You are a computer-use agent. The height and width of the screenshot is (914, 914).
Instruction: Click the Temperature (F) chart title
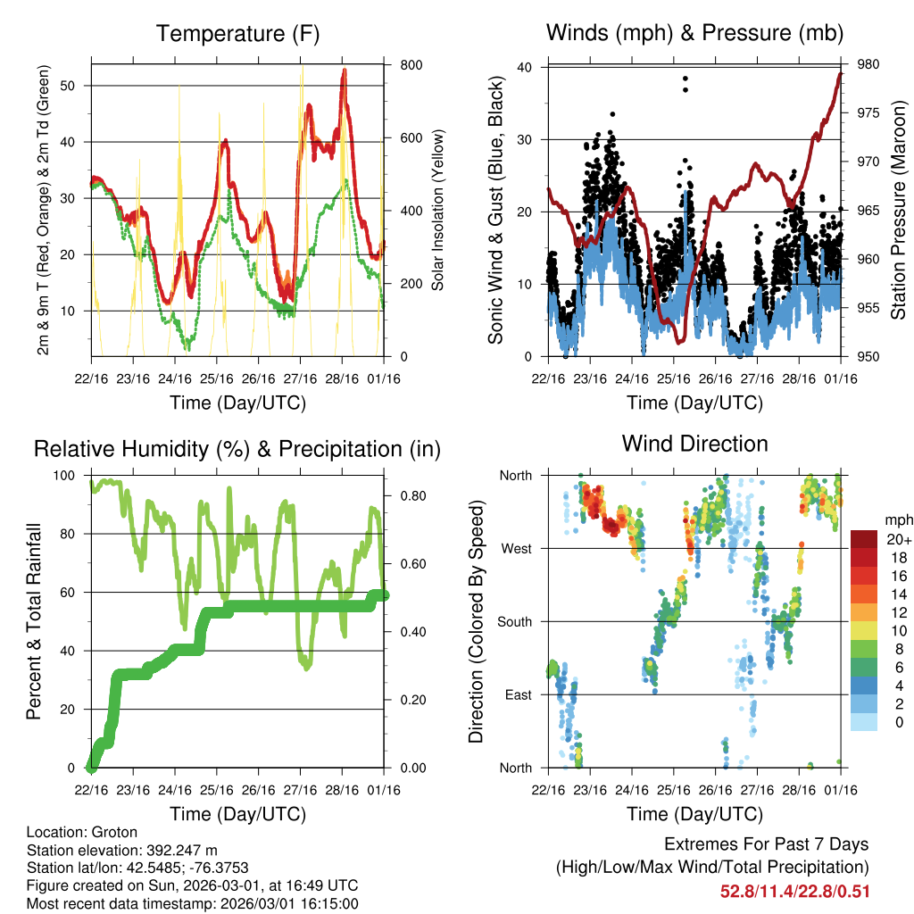(x=237, y=34)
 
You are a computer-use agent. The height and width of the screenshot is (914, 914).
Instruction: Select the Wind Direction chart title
(x=694, y=443)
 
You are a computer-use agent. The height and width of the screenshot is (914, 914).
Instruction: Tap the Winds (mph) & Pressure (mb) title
(x=694, y=34)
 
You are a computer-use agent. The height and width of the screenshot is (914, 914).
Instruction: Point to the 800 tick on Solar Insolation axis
(x=411, y=65)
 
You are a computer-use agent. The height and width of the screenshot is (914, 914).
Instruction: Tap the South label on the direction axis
(x=514, y=621)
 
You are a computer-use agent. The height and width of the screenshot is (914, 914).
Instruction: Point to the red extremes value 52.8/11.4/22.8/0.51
(x=794, y=891)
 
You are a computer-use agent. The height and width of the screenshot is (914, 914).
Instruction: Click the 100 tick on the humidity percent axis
(x=67, y=475)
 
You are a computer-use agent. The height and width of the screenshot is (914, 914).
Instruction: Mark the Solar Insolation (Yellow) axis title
(x=437, y=211)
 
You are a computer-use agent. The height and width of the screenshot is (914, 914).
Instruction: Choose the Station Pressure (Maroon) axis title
(x=898, y=211)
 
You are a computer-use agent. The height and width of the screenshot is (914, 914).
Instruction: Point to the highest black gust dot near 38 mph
(x=685, y=79)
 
